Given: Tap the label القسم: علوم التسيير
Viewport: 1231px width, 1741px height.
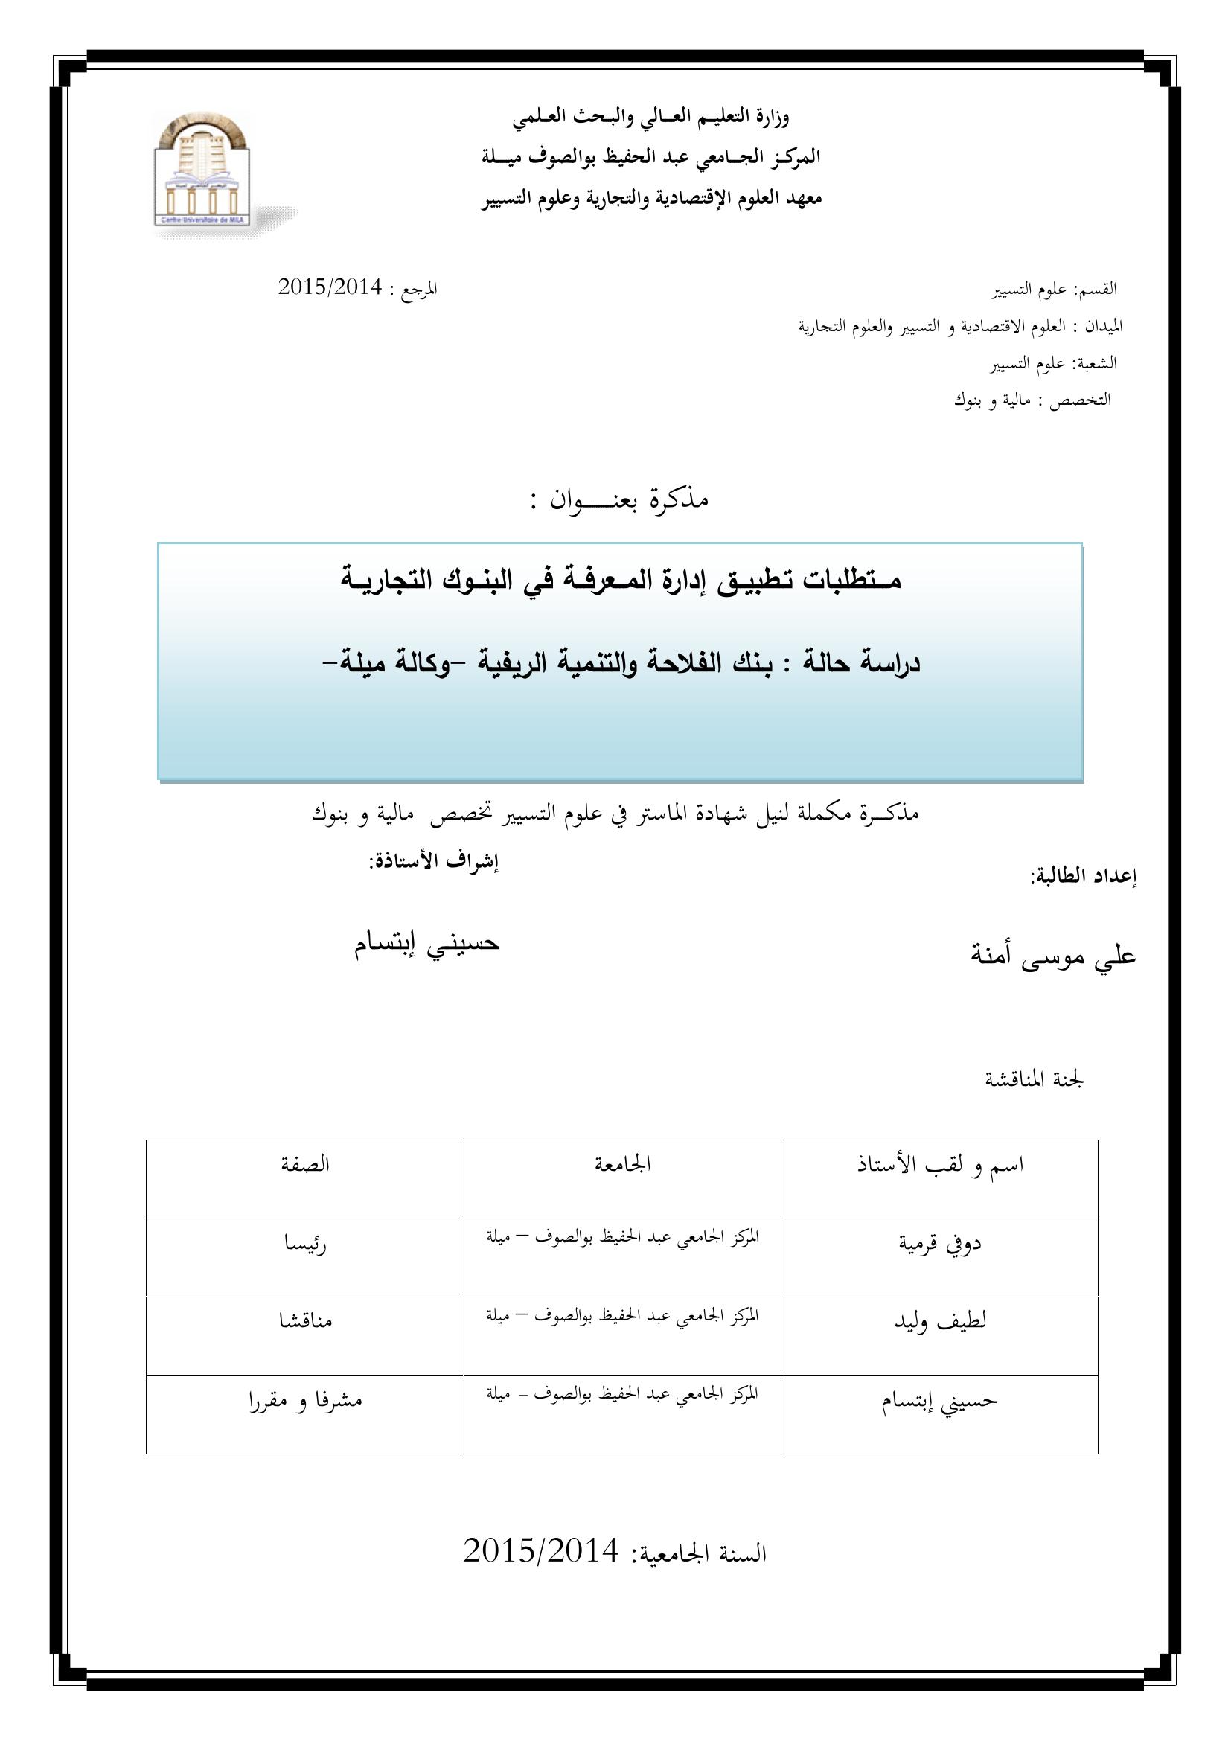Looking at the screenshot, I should [1056, 289].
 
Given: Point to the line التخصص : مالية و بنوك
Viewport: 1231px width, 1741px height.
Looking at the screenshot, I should [1032, 400].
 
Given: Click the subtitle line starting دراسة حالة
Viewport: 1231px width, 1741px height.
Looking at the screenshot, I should [620, 663].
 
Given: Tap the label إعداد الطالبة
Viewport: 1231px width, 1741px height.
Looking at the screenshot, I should [1084, 878].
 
